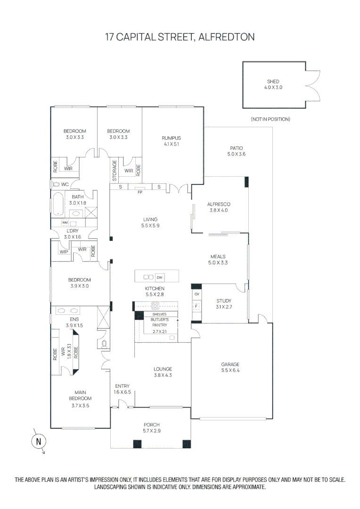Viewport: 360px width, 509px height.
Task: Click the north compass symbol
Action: tap(39, 442)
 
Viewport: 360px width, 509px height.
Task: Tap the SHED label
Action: tap(273, 82)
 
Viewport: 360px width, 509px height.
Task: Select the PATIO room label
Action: tap(237, 148)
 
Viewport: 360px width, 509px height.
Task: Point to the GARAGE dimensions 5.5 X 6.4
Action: tap(230, 370)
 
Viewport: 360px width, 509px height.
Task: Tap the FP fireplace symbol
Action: tap(140, 192)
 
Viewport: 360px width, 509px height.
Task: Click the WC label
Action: tap(65, 184)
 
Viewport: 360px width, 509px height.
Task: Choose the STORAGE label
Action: tap(115, 170)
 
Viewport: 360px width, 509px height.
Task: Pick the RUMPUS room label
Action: tap(172, 138)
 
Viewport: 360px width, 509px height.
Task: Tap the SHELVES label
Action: tap(159, 314)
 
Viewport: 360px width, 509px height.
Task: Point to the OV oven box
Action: tap(197, 294)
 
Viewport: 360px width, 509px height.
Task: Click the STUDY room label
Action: tap(224, 301)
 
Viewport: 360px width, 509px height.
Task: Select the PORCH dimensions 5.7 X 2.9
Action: tap(151, 431)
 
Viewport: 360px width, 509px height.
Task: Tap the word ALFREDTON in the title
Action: tap(227, 37)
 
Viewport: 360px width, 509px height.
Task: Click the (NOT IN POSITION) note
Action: tap(270, 119)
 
